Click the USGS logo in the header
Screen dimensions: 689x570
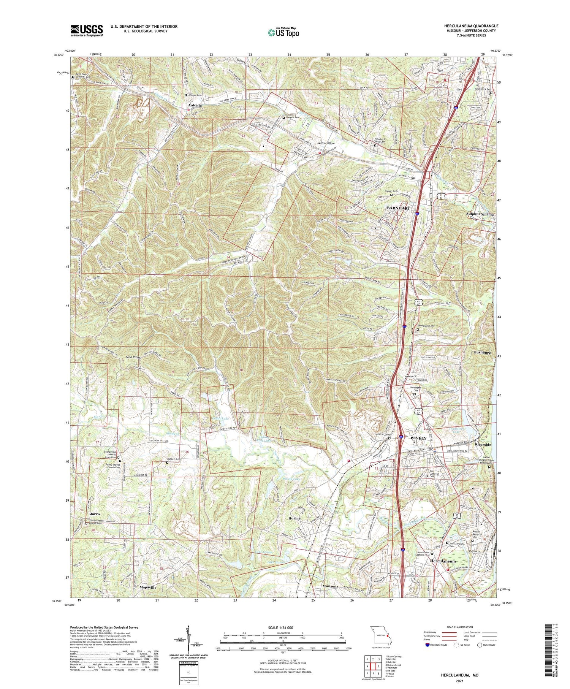[x=87, y=30]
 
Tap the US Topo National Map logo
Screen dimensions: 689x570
[x=283, y=32]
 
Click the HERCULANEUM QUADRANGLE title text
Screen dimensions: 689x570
[x=471, y=26]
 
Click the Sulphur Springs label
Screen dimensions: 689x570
[x=480, y=214]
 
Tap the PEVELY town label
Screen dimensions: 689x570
[x=419, y=438]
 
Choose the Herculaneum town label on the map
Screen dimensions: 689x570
[x=443, y=561]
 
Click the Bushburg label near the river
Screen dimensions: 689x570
[x=482, y=352]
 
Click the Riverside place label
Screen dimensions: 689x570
[x=483, y=444]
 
